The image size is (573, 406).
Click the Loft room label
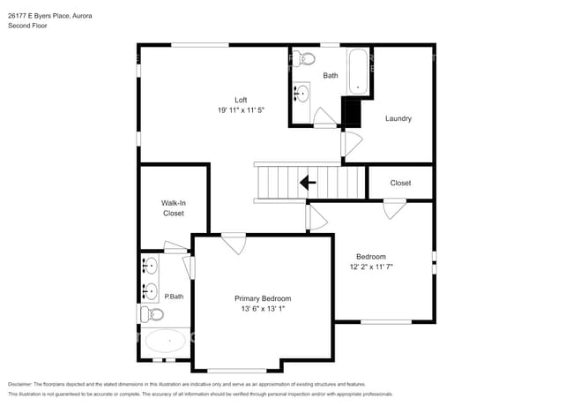[x=241, y=99]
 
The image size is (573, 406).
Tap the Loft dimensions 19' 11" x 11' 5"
[x=241, y=109]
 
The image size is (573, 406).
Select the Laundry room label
[x=398, y=118]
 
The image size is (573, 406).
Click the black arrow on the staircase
[x=307, y=183]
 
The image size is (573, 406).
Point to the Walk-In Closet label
[x=174, y=208]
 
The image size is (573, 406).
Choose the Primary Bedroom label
[x=263, y=298]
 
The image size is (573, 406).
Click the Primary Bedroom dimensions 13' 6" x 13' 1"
[x=263, y=310]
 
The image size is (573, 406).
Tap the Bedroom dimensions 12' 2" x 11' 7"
[x=380, y=267]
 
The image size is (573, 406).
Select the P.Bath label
[x=174, y=297]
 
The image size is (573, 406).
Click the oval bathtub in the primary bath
[x=165, y=340]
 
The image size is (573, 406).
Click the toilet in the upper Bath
[x=305, y=59]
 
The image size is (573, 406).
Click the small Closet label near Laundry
[x=400, y=184]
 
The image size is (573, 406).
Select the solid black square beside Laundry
[x=352, y=113]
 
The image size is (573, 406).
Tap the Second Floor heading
[x=27, y=26]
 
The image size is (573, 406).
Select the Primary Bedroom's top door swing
[x=234, y=243]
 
